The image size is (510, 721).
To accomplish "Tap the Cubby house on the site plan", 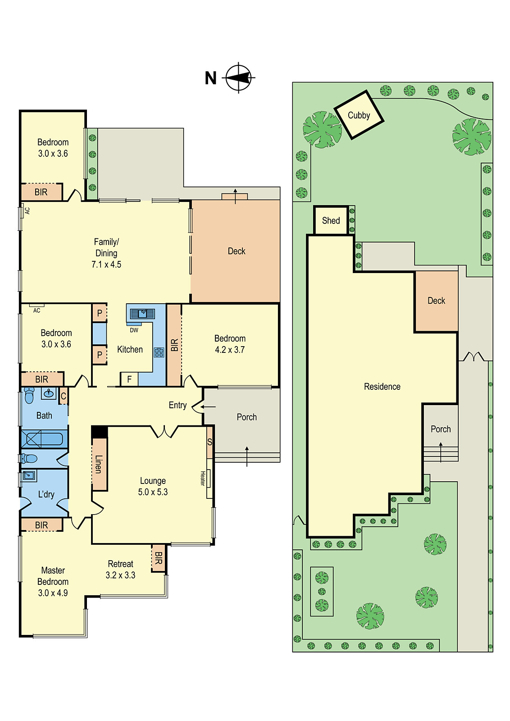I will click(359, 115).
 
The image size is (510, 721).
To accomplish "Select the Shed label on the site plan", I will click(331, 220).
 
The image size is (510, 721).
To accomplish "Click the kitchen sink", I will click(142, 313).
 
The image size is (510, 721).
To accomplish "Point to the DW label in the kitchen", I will click(134, 330).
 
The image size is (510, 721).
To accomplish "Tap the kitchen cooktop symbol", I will click(159, 352).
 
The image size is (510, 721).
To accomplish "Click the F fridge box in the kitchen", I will click(129, 379).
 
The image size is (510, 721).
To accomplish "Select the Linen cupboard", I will click(99, 464).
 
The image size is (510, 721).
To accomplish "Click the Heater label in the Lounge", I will click(203, 478).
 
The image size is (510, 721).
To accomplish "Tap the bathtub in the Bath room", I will click(43, 438).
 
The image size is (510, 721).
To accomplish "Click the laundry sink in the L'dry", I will click(29, 475).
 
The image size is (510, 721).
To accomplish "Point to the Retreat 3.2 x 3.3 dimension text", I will click(120, 575).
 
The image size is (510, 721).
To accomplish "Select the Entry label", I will click(178, 405).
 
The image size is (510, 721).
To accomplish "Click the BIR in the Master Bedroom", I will click(41, 525).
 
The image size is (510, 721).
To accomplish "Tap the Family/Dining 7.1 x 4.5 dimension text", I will click(106, 265).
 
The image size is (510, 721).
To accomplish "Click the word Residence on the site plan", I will click(382, 387).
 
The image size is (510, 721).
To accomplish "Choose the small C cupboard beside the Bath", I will click(63, 396).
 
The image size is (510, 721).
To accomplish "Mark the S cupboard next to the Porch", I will click(209, 442).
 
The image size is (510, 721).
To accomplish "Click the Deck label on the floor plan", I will click(237, 251).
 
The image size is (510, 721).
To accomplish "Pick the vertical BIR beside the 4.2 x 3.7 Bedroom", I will click(174, 345).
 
